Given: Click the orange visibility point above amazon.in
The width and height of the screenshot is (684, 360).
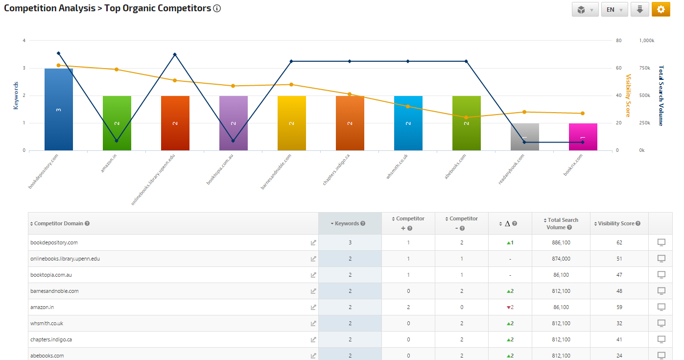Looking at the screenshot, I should coord(117,70).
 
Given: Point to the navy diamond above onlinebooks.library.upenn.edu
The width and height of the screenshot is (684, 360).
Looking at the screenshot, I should coord(175,54).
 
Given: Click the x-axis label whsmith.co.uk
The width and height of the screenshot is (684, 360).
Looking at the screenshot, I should coord(397,167).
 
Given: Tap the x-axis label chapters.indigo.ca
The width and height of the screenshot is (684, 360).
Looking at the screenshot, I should coord(336,169).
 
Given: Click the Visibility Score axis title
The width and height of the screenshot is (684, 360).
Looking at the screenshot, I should coord(629,96).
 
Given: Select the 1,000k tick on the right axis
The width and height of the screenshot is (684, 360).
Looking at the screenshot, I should coord(647,41).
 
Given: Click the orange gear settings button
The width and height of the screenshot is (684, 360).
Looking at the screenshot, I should coord(660,9).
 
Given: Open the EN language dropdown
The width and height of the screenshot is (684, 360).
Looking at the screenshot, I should coord(614,9).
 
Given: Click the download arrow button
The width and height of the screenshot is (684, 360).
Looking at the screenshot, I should coord(639,9).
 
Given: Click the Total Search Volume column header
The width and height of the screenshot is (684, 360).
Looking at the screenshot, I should coord(563,223).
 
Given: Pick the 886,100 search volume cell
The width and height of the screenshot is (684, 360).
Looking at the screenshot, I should coord(561,242).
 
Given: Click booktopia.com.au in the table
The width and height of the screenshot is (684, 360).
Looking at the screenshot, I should coord(51,275).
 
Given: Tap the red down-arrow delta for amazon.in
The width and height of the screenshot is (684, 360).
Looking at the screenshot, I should coord(509,307).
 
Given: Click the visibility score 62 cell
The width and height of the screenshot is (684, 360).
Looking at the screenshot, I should coord(619,242).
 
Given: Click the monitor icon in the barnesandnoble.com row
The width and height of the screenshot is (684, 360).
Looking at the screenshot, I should coord(661,291).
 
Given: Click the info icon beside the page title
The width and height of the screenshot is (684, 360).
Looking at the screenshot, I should coord(217,8).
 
